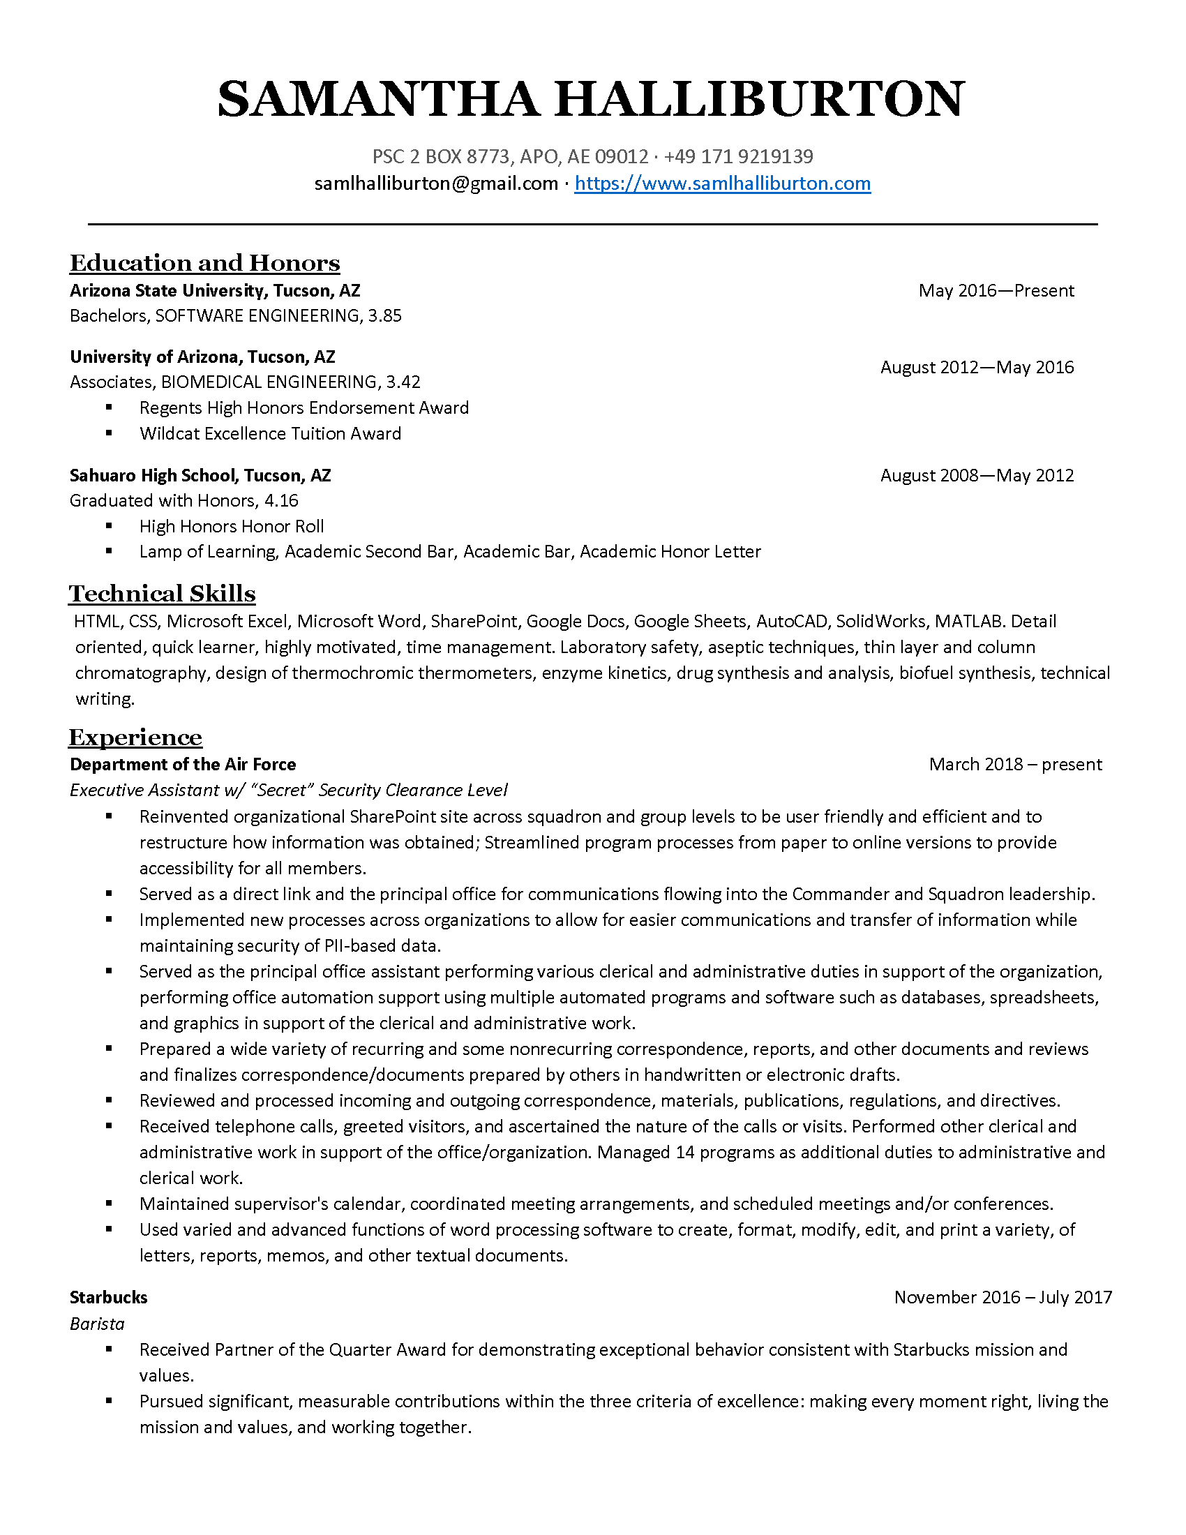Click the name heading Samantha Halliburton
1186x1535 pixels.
(591, 99)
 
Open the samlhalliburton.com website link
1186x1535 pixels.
(722, 184)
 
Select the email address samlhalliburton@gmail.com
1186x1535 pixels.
(435, 184)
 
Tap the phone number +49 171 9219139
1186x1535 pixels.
(738, 156)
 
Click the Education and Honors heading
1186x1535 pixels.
(204, 263)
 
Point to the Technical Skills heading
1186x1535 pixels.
(163, 594)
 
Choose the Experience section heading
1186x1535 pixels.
(135, 737)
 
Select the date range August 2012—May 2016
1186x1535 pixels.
(977, 368)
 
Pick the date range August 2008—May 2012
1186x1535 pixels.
(977, 476)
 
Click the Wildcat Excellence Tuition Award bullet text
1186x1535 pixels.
(270, 434)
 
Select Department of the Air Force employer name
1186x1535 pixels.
(183, 765)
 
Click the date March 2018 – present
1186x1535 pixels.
(1015, 765)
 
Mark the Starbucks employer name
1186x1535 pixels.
(109, 1298)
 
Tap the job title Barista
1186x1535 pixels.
(97, 1324)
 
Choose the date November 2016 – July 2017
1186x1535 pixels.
(1003, 1298)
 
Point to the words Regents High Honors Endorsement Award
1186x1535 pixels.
(303, 408)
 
